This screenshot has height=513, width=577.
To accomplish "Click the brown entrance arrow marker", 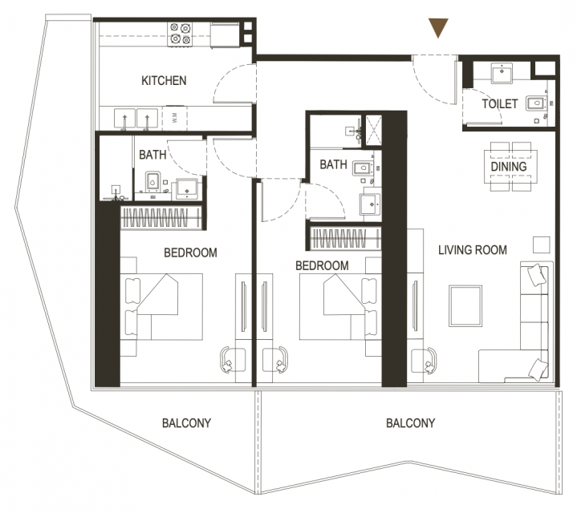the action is tap(438, 27).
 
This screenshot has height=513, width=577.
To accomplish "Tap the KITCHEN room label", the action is tap(164, 80).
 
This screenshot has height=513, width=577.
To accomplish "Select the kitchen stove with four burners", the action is tap(180, 34).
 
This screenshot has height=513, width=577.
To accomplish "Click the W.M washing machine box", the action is tap(175, 118).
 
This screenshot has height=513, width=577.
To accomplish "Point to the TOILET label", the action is tap(500, 104).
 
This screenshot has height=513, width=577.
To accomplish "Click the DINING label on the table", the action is tap(509, 167).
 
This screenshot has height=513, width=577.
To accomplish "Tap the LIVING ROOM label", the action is tap(473, 250).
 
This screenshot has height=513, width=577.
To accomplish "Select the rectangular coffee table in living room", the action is tap(465, 305).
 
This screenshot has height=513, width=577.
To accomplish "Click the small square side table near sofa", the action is tap(542, 244).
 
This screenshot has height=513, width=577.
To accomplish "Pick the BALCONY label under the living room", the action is tap(410, 423).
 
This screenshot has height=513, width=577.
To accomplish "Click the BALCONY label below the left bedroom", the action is tap(186, 423).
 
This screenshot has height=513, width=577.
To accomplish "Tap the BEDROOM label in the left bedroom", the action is tap(190, 252).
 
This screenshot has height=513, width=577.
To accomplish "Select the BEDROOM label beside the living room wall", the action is tap(322, 265).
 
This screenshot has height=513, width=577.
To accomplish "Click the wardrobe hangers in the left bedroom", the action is tap(161, 217).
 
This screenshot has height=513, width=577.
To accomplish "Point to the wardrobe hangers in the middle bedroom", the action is tap(345, 239).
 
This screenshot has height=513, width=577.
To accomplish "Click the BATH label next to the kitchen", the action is tap(152, 155).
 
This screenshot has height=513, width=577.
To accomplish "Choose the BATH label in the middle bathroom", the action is tap(333, 164).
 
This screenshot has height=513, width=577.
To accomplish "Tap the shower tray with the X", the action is tap(374, 130).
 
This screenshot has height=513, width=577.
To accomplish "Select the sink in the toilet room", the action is tap(501, 72).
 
